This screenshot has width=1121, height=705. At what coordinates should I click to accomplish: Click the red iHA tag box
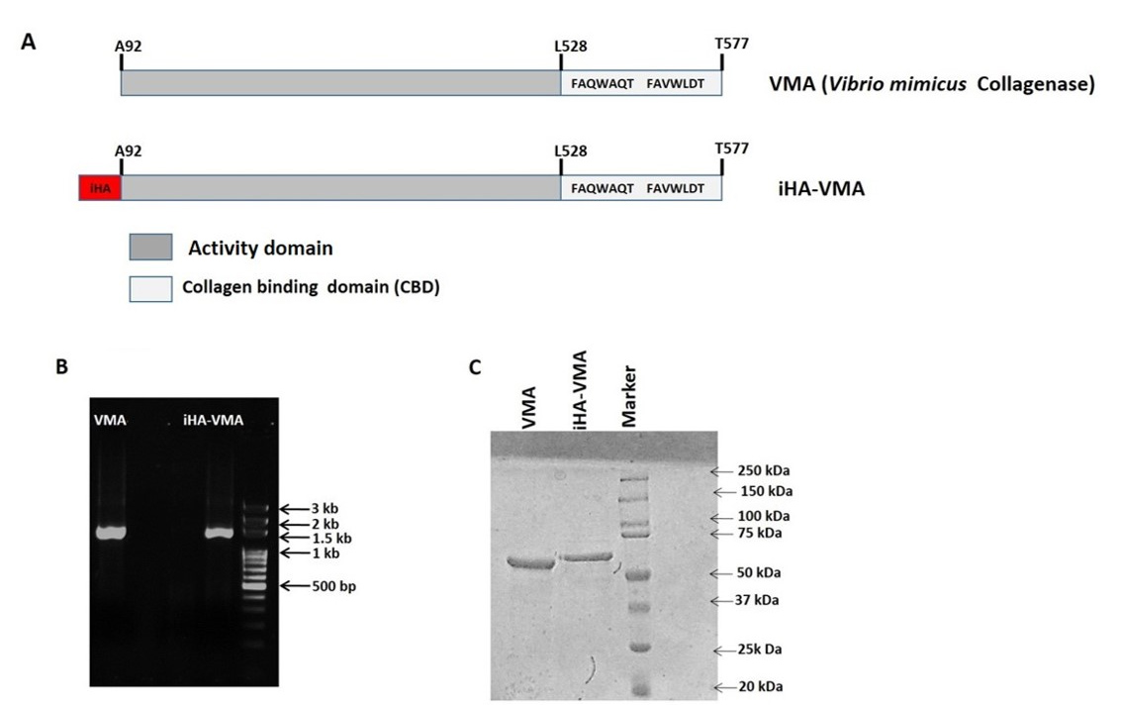click(x=100, y=186)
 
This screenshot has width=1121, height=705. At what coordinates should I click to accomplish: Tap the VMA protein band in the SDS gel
click(x=532, y=563)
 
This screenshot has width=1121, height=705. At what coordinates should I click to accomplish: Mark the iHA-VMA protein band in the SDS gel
click(x=589, y=557)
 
